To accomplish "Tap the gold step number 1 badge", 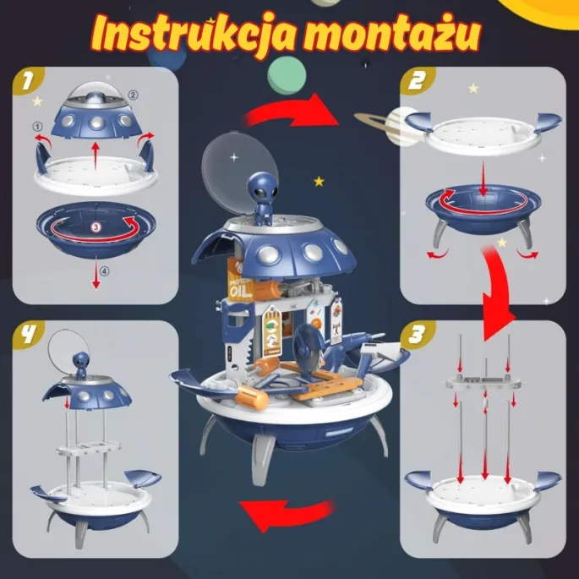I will (28, 83).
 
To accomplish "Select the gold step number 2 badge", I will (416, 83).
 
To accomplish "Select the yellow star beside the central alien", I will (318, 180).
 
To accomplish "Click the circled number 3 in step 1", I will (96, 227).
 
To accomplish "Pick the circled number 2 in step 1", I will (131, 95).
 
